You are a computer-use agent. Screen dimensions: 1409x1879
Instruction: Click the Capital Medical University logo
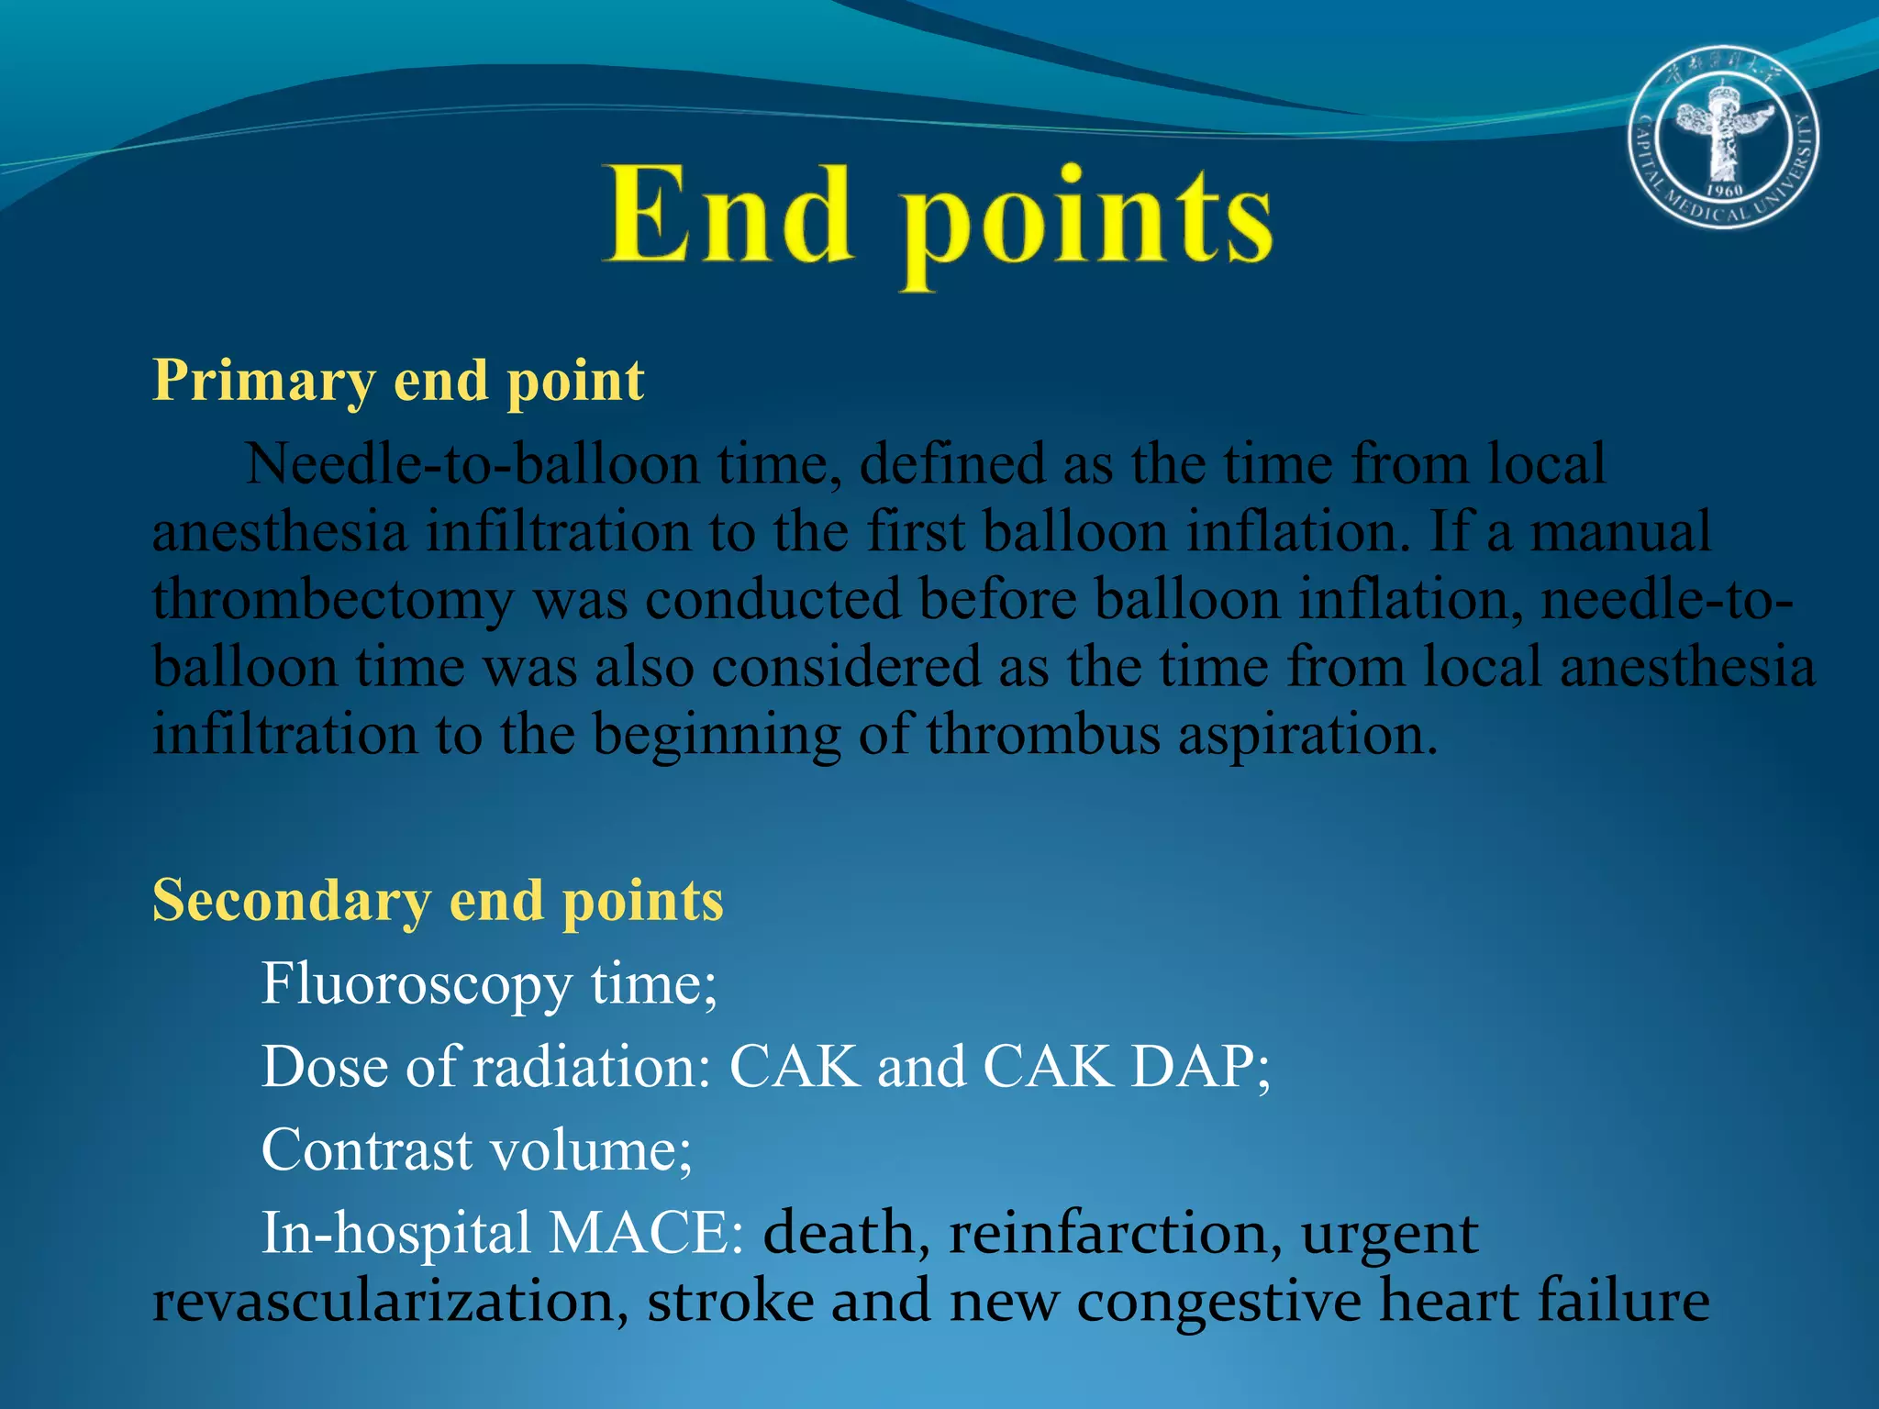1724,137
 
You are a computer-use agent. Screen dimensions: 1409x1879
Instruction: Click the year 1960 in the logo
1724,191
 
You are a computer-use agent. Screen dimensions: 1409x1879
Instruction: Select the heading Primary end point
398,380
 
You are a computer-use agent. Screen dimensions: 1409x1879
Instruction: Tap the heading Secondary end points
438,900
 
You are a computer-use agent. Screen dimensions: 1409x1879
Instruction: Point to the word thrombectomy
333,601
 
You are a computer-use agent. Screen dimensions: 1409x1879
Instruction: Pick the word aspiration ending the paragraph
1306,735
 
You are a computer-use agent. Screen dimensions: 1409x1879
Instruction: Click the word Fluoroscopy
417,984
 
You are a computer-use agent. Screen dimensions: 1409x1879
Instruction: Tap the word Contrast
367,1149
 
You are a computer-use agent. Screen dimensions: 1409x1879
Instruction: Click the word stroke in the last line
730,1301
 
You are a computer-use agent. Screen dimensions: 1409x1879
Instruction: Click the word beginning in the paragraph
717,735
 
